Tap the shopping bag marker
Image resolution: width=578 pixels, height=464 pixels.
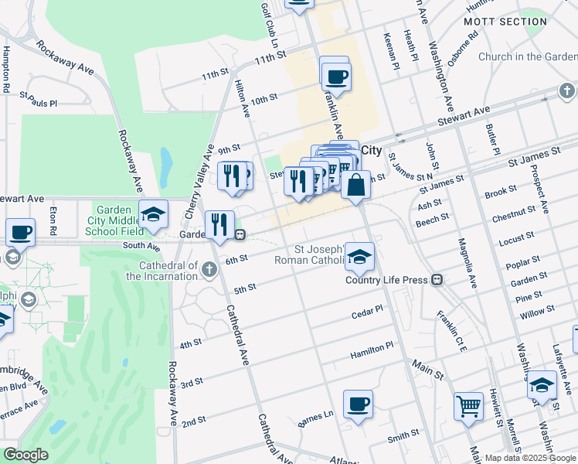tap(355, 186)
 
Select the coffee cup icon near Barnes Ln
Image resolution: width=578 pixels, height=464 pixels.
tap(358, 404)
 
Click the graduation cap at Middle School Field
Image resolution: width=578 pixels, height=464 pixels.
tap(153, 214)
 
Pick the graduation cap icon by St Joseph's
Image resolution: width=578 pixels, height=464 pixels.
tap(359, 257)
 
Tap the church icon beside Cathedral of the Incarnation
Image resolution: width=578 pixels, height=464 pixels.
tap(209, 269)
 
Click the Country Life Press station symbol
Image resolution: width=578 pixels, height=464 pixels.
tap(437, 279)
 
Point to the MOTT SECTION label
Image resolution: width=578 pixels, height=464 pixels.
tap(505, 22)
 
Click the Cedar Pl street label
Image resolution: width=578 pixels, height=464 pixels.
tap(367, 311)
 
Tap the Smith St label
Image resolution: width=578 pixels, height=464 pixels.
tap(403, 437)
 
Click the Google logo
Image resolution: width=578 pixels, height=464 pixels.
tap(26, 455)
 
